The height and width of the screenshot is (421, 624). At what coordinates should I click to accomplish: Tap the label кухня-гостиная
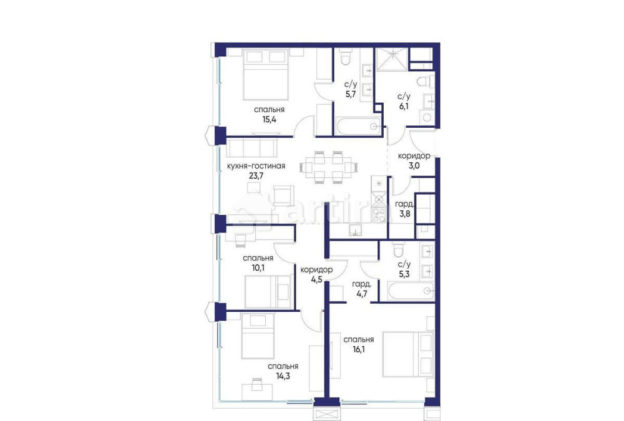click(x=256, y=166)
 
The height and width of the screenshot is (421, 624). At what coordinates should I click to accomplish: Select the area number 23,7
click(x=256, y=175)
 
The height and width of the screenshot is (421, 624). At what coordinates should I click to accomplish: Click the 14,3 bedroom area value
click(x=283, y=376)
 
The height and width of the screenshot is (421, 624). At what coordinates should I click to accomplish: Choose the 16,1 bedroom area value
click(x=358, y=349)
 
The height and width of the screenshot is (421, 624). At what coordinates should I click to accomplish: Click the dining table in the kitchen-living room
click(x=329, y=167)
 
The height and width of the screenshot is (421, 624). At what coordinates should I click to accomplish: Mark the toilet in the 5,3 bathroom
click(x=398, y=252)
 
